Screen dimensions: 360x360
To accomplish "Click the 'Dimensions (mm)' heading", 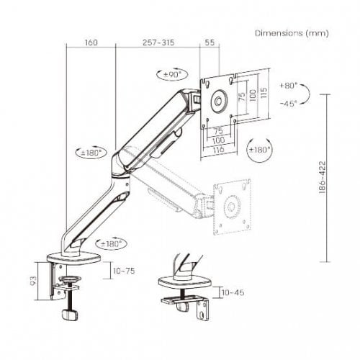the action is [x=292, y=33].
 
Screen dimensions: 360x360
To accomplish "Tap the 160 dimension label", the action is [x=91, y=42].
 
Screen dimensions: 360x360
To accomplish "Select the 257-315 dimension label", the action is [x=158, y=42].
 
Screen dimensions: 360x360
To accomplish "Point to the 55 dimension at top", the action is [x=210, y=42].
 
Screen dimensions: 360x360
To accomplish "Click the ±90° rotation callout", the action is [x=172, y=74].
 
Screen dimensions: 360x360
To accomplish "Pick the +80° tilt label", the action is [x=289, y=86].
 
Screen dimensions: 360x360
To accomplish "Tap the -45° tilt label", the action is [x=289, y=104].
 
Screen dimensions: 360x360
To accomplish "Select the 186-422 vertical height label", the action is [x=323, y=177].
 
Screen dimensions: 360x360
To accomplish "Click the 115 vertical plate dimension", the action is [x=264, y=93].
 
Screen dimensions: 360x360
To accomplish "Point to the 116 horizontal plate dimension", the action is [x=218, y=150].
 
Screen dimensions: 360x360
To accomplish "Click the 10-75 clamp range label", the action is [x=124, y=271].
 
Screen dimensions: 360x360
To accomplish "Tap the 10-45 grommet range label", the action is [x=233, y=292].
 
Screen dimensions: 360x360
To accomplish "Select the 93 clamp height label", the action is [x=34, y=281].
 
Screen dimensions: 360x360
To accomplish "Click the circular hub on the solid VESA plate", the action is [x=218, y=101].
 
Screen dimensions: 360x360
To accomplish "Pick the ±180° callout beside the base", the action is [x=111, y=244].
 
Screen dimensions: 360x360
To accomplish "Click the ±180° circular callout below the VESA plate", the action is [x=259, y=150].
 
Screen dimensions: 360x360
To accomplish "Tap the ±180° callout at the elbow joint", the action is [x=91, y=153].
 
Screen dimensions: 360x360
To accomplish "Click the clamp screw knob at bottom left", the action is [x=70, y=315].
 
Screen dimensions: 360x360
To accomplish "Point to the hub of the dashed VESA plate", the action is [x=232, y=207].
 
